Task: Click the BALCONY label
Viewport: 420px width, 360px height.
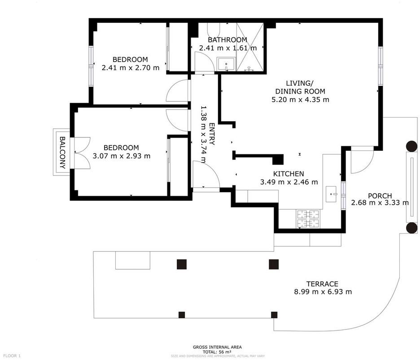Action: [62, 153]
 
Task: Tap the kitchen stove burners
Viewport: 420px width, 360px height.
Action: [308, 219]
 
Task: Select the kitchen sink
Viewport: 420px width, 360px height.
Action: [331, 194]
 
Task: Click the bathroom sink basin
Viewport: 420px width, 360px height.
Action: [226, 64]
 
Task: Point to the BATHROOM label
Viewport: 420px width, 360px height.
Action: [227, 40]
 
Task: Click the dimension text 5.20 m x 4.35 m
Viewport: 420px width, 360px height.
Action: [300, 100]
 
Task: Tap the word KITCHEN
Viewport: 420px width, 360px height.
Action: [289, 174]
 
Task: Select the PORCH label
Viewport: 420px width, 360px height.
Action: [380, 196]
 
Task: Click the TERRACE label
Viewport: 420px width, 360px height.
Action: [322, 284]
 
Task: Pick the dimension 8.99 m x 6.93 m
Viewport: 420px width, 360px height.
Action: [323, 292]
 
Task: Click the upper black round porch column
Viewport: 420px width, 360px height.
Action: [411, 146]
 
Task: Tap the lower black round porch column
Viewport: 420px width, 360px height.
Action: [411, 228]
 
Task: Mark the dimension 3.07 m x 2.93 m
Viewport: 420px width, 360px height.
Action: [121, 156]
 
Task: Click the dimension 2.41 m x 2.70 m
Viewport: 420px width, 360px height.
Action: [131, 67]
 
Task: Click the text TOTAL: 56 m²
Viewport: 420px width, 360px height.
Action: [217, 352]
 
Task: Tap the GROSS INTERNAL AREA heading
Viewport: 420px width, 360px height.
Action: [217, 347]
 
